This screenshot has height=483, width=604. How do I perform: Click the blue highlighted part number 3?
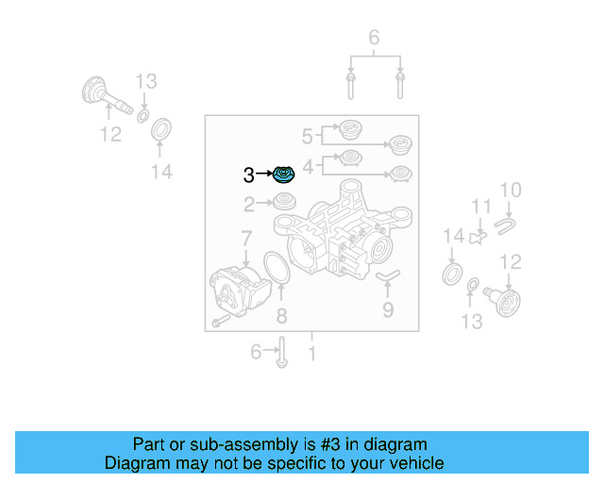click(284, 175)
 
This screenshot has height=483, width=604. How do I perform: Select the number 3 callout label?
click(249, 175)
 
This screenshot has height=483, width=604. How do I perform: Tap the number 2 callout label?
click(249, 203)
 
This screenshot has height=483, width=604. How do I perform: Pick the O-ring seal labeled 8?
click(275, 267)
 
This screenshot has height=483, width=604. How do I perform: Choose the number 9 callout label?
click(387, 308)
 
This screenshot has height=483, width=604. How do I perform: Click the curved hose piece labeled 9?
click(388, 275)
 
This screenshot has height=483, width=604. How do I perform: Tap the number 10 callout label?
click(510, 192)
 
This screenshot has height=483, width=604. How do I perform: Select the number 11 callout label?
click(481, 208)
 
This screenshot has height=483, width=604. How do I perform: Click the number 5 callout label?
click(307, 135)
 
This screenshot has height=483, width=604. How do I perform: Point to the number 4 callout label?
click(307, 165)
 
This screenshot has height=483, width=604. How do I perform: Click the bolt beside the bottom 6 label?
click(282, 354)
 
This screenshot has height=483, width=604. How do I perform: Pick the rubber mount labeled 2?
click(283, 201)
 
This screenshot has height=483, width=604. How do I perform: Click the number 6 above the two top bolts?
click(374, 39)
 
